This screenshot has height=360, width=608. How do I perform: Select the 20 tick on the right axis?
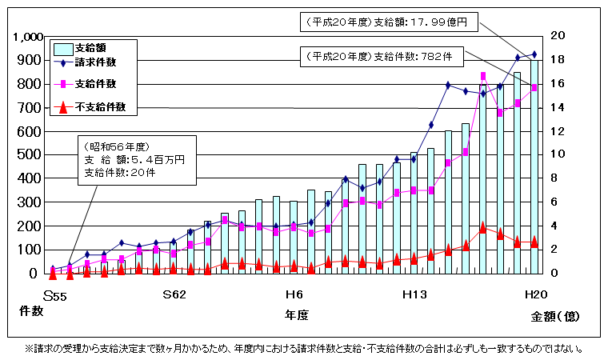pyautogui.click(x=557, y=36)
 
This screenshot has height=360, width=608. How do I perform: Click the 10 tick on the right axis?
pyautogui.click(x=557, y=154)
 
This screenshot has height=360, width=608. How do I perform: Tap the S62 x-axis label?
pyautogui.click(x=174, y=294)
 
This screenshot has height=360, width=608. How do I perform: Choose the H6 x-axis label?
pyautogui.click(x=294, y=294)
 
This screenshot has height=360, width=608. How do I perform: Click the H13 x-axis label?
pyautogui.click(x=414, y=294)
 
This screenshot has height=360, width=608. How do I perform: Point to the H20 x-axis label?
pyautogui.click(x=535, y=294)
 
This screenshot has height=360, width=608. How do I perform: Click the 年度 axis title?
pyautogui.click(x=296, y=315)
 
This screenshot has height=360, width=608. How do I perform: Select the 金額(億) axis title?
pyautogui.click(x=555, y=317)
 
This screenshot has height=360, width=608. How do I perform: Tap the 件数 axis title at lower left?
pyautogui.click(x=30, y=310)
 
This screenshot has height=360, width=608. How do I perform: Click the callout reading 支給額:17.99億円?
pyautogui.click(x=387, y=23)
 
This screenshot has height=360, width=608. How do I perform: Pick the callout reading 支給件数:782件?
pyautogui.click(x=378, y=57)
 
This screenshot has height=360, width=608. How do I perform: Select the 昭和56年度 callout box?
pyautogui.click(x=133, y=160)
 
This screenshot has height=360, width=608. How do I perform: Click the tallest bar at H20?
pyautogui.click(x=534, y=168)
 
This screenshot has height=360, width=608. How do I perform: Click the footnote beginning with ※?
pyautogui.click(x=303, y=349)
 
